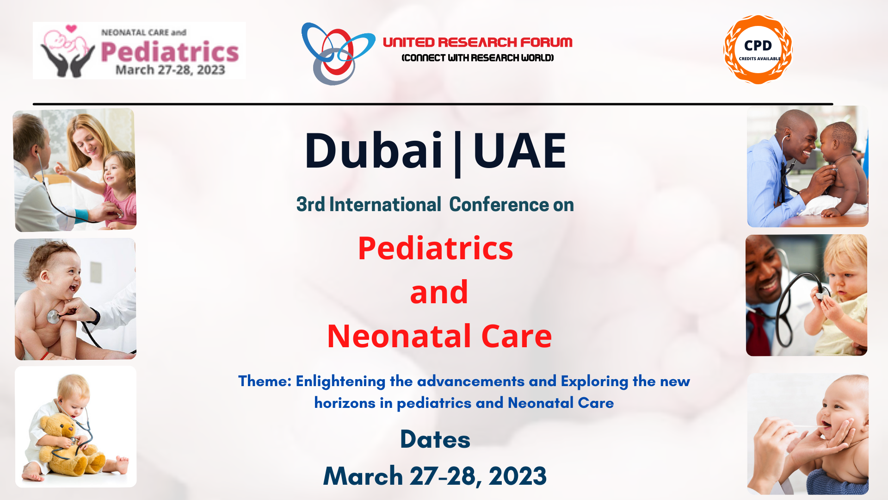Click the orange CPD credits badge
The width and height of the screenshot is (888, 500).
[758, 50]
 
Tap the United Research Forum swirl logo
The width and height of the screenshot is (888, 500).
[338, 54]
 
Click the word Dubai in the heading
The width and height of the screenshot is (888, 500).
[374, 150]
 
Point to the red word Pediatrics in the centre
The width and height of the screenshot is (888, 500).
[435, 248]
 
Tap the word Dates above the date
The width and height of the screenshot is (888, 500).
[435, 439]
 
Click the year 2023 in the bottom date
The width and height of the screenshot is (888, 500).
[518, 476]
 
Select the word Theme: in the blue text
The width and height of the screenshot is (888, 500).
[265, 381]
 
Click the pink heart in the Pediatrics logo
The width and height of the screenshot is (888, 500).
[71, 29]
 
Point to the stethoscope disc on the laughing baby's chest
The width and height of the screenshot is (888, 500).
[53, 317]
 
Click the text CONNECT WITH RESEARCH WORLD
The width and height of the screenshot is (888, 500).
[478, 58]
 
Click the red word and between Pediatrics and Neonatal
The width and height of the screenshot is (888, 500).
[439, 292]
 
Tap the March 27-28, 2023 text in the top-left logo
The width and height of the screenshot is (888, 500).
[170, 70]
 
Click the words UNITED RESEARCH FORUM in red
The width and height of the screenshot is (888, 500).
[478, 42]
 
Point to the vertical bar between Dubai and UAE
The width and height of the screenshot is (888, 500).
[458, 154]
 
